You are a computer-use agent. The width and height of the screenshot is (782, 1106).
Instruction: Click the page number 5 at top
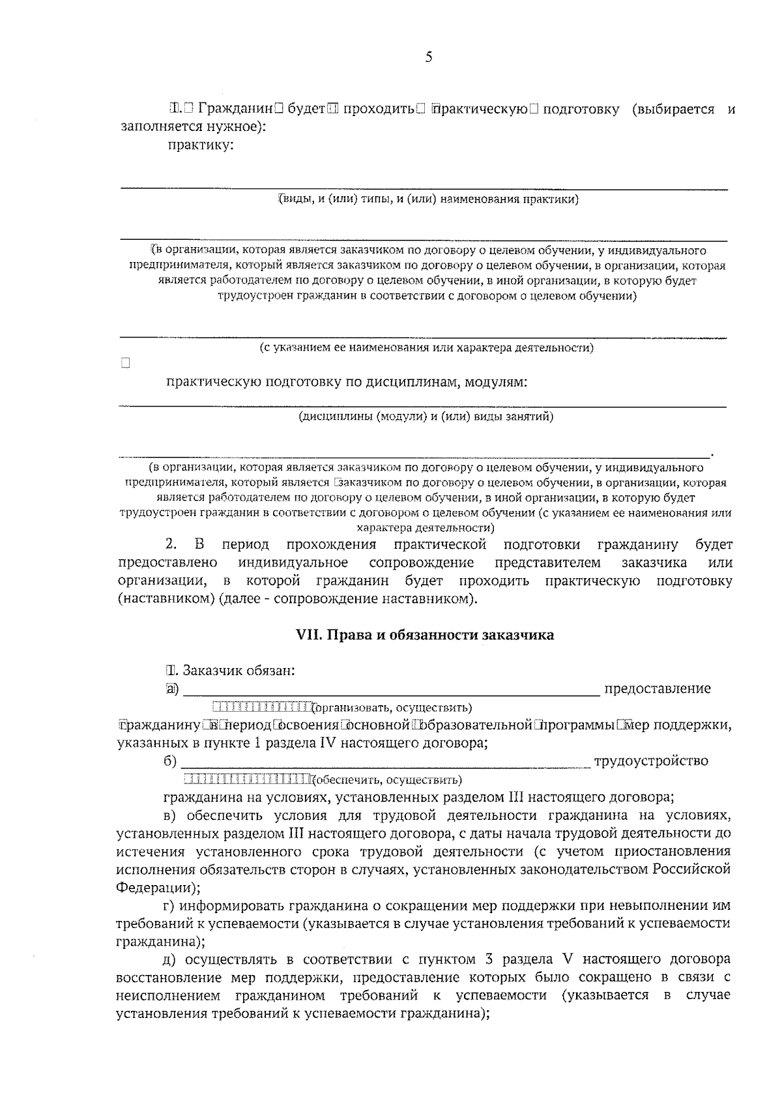[428, 57]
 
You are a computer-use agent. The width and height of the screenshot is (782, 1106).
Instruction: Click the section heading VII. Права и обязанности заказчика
[425, 635]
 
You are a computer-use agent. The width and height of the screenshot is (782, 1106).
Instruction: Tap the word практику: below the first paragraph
[200, 145]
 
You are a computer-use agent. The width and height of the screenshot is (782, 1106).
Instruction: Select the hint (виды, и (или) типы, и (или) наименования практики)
[428, 199]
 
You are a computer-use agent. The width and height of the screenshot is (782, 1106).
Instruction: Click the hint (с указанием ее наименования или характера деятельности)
[426, 347]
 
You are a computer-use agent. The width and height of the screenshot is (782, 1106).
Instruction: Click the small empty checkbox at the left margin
[125, 364]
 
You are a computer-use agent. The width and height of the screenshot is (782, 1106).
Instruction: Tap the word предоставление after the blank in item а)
[658, 689]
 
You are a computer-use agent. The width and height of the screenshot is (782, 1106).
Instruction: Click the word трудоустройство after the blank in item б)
[651, 761]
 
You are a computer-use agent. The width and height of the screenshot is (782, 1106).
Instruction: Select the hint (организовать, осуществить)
[392, 708]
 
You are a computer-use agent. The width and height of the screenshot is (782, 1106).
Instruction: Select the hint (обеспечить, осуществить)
[386, 780]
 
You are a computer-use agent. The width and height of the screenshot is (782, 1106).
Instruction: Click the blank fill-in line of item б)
[384, 766]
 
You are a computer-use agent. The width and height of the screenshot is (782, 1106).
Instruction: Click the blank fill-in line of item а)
[391, 693]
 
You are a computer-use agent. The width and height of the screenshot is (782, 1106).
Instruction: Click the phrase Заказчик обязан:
[239, 671]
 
